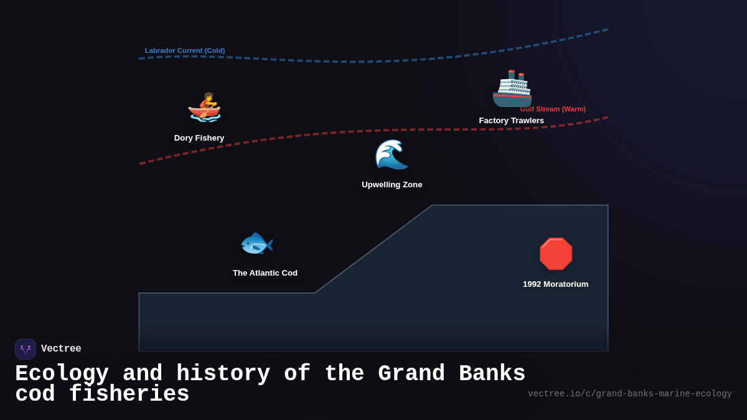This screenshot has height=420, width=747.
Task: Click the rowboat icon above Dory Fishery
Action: pos(204,107)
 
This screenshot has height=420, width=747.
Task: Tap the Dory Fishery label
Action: pos(199,138)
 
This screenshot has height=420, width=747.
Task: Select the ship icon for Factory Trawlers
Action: pos(512,88)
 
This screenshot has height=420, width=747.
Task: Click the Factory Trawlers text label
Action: pos(511,121)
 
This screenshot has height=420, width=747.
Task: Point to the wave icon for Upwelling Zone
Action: pos(392,154)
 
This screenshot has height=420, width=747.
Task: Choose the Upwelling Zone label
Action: pos(392,185)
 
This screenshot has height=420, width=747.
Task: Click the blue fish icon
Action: pos(256,243)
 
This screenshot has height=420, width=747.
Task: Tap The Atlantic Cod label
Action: pos(265,273)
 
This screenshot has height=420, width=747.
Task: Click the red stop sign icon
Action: pos(555,254)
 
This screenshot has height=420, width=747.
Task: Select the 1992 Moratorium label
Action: pos(555,284)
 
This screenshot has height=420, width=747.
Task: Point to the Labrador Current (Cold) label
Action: pos(185,51)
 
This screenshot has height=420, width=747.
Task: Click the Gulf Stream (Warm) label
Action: pos(553,109)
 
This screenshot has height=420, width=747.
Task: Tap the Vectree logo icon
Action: pos(26,349)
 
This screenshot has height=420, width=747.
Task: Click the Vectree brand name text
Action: pos(61,349)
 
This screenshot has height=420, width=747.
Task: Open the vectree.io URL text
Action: pos(629,394)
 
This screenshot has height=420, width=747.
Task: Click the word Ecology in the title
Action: pos(62,374)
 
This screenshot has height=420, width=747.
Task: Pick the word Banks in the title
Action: pos(492,374)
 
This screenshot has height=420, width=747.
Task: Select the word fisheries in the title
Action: pos(129,394)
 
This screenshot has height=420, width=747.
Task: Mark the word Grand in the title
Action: pos(411,374)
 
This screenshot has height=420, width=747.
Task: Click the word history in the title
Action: pos(223,374)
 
